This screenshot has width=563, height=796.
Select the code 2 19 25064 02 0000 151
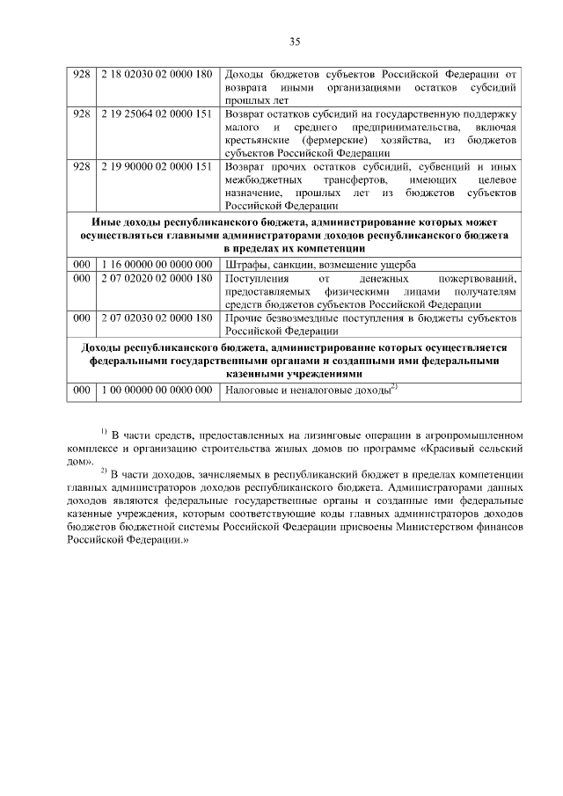tap(157, 114)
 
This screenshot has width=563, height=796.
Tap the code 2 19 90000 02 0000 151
tap(157, 166)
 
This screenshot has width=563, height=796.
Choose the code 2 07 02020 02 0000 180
tap(157, 278)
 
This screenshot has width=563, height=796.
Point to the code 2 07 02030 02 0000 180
tap(157, 317)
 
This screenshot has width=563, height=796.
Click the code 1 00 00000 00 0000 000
tap(157, 390)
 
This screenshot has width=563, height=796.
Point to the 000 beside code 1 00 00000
tap(81, 390)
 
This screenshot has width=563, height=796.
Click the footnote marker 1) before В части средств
tap(103, 432)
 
